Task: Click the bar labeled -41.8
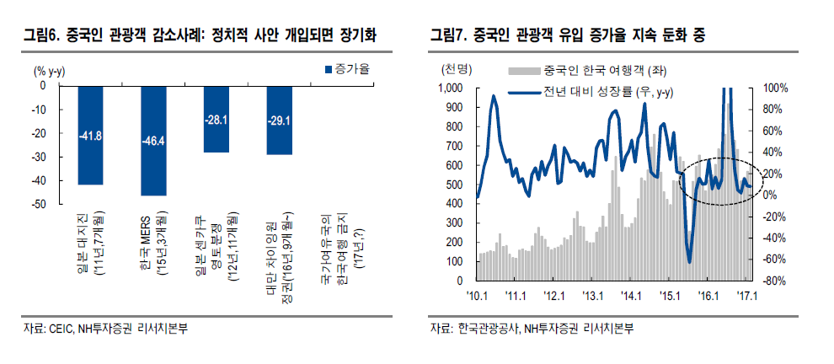coord(90,135)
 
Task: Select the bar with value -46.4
coord(153,140)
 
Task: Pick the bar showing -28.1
coord(217,119)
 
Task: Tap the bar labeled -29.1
coord(280,120)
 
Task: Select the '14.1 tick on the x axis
coord(631,296)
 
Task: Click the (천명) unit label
coord(456,67)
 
